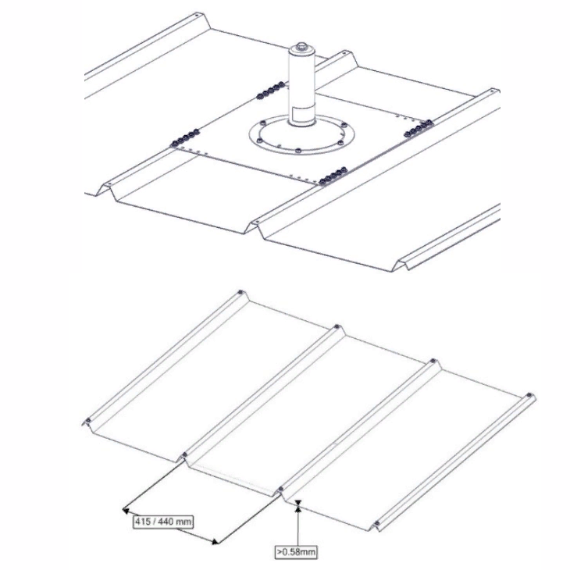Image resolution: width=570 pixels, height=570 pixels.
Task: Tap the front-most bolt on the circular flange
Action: (x=297, y=149)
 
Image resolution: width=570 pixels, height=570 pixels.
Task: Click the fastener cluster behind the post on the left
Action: (x=270, y=91)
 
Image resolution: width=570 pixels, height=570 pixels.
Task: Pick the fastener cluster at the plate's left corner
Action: (x=185, y=137)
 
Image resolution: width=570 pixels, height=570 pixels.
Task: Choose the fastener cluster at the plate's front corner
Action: (x=332, y=176)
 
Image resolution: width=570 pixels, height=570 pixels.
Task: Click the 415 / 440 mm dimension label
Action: (x=163, y=522)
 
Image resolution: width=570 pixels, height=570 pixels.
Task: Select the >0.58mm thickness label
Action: (x=296, y=552)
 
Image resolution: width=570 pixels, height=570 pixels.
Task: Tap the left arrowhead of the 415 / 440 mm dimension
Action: (x=126, y=511)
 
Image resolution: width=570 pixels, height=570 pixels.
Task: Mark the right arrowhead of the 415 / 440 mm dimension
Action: (x=216, y=542)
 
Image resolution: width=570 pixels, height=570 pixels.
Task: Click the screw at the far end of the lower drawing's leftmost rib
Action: (x=240, y=292)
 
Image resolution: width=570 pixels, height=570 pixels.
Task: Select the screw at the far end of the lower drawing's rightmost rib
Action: (x=529, y=395)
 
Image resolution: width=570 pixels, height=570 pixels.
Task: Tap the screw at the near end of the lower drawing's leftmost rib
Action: (x=87, y=421)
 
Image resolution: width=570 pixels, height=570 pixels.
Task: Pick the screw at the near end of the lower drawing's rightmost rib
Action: (x=377, y=523)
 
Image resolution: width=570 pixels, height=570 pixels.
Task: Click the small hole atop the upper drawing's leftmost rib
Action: (x=197, y=16)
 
